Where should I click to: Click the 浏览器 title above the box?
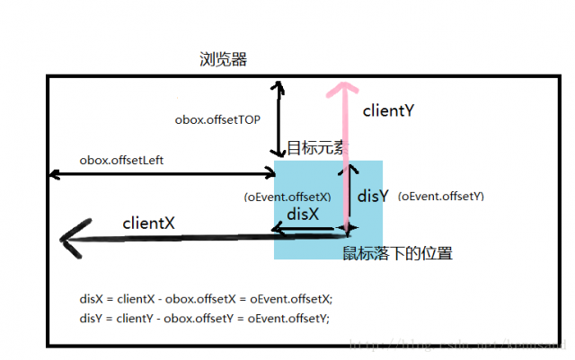(x=224, y=60)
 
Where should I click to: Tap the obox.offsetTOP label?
(x=217, y=119)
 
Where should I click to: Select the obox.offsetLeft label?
(x=121, y=161)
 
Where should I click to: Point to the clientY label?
(x=387, y=111)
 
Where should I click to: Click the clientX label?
(x=148, y=223)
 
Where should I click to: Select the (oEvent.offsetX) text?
(x=287, y=197)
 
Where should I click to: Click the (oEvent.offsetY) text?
(x=441, y=196)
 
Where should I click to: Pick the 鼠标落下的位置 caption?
(x=397, y=254)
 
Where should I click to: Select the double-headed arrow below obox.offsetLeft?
(x=162, y=174)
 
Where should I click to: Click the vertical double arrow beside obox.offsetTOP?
(x=279, y=118)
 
